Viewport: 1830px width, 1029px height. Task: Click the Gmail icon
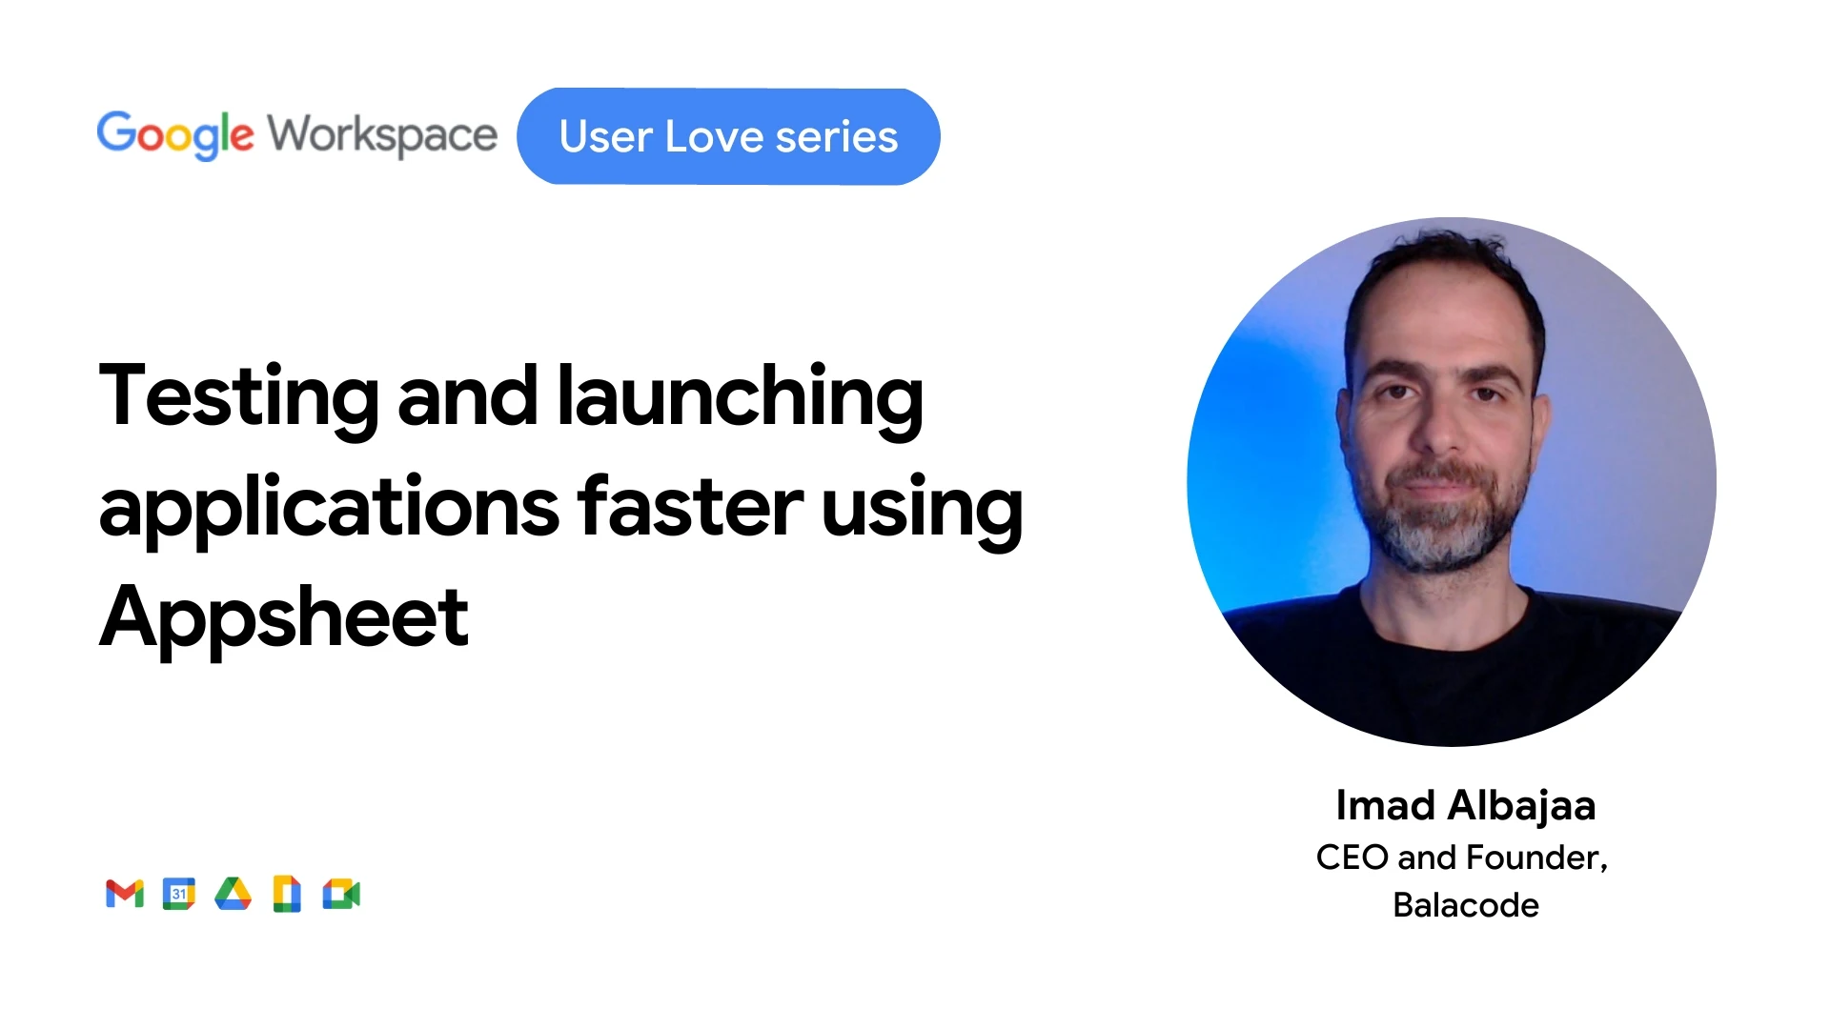(x=125, y=894)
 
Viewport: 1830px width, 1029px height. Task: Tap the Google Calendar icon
(x=178, y=894)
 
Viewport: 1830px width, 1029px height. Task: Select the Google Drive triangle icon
(x=233, y=894)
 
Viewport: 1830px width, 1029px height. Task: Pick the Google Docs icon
(x=287, y=894)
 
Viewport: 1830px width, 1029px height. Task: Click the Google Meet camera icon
(x=341, y=894)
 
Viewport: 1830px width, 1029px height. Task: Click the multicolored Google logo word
(x=175, y=135)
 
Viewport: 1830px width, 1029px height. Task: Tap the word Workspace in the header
(x=382, y=135)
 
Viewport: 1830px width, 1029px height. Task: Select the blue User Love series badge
(x=728, y=136)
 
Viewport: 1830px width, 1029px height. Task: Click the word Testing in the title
(x=239, y=398)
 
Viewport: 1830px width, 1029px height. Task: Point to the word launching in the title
(x=740, y=398)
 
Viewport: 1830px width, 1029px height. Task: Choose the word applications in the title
(x=329, y=509)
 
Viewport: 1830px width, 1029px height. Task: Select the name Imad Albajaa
(x=1466, y=805)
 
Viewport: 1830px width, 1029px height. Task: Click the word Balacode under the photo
(x=1466, y=905)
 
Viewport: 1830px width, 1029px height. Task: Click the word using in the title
(x=922, y=511)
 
